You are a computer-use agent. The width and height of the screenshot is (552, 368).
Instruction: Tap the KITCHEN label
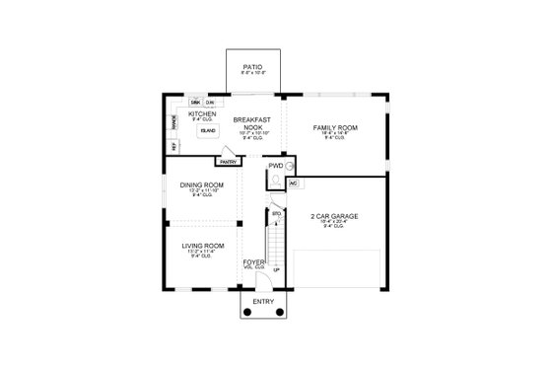point(203,113)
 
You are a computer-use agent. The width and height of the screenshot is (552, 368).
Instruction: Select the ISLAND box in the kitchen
point(208,130)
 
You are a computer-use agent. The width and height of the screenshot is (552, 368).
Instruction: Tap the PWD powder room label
point(275,165)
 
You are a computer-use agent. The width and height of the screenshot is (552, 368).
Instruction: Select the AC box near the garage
point(293,183)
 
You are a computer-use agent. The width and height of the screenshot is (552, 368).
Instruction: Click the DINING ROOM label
point(201,184)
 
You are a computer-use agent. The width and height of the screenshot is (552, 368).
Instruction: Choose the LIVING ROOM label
point(201,245)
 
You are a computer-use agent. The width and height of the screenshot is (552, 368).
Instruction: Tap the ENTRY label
point(263,300)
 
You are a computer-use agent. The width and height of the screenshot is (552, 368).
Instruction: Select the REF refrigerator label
point(173,145)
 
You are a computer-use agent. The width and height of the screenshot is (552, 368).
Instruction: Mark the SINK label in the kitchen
point(195,102)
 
